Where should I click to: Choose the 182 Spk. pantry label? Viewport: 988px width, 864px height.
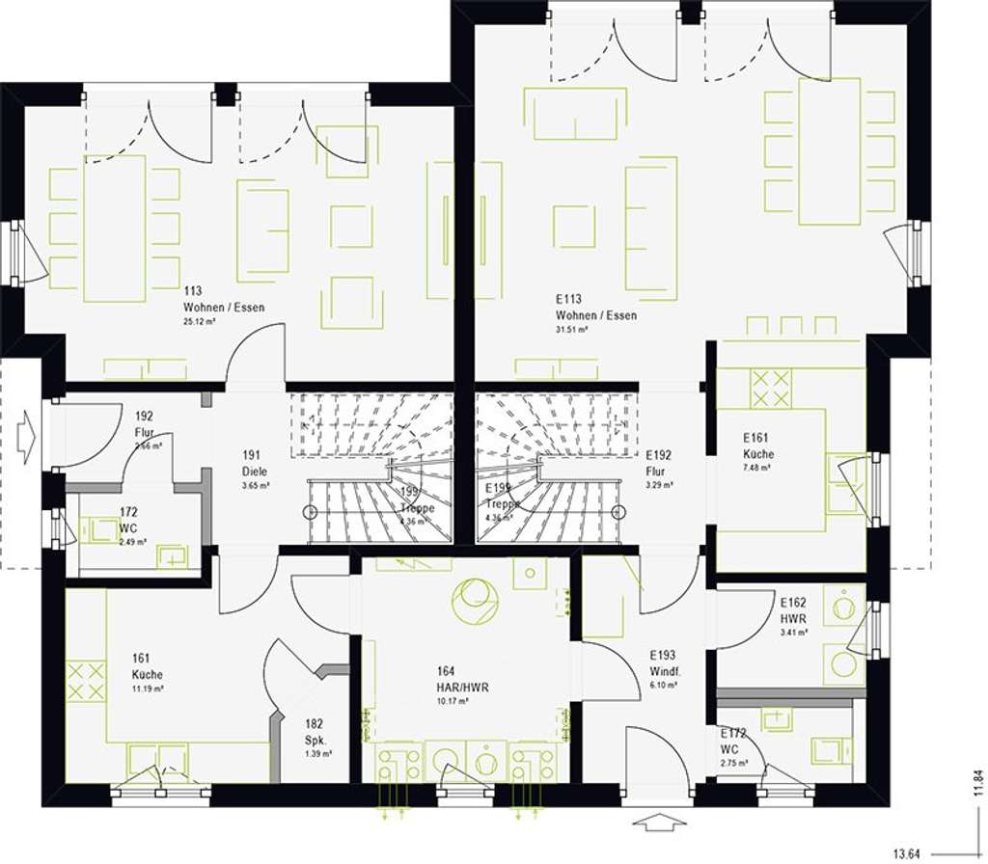tap(315, 732)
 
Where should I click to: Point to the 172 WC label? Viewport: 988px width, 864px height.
tap(128, 520)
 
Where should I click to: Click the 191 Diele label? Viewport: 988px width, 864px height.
tap(254, 464)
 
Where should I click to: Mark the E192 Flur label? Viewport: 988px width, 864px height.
tap(659, 464)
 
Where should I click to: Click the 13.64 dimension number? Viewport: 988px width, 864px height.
tap(907, 853)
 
